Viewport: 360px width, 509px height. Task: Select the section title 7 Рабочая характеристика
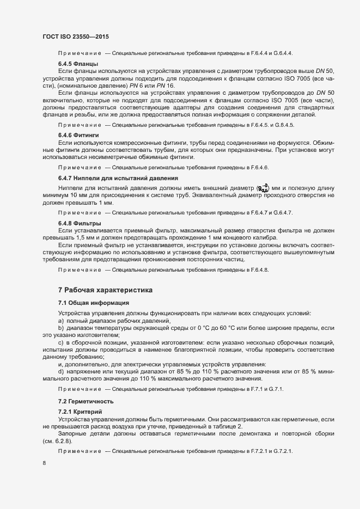click(x=105, y=289)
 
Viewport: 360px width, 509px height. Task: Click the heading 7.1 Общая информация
click(x=93, y=302)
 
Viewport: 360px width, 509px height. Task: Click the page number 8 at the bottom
click(x=44, y=463)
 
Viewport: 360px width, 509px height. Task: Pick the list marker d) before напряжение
click(x=61, y=371)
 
